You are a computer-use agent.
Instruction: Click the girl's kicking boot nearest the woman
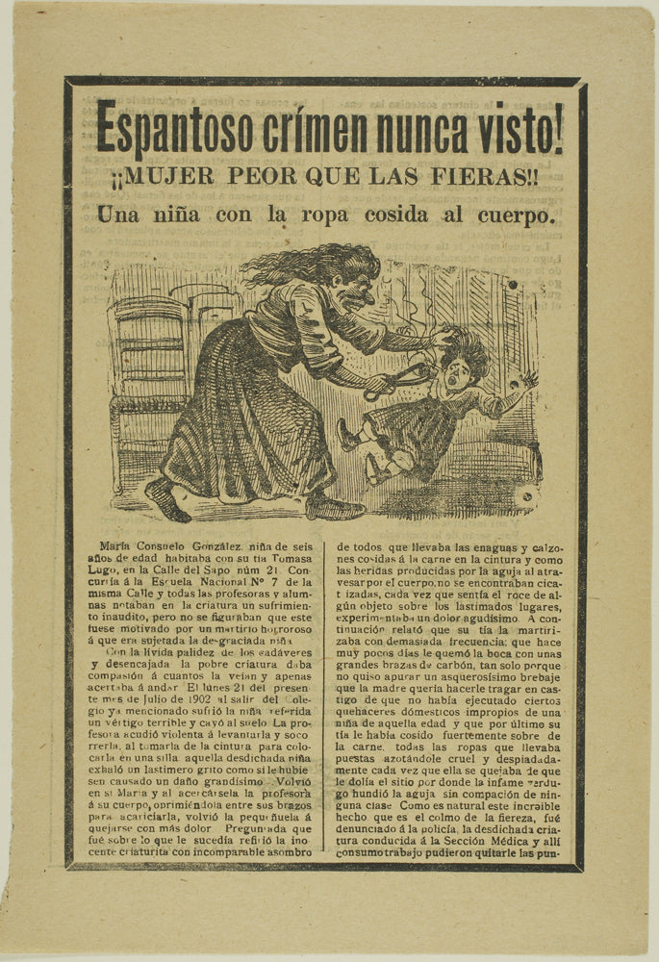coord(346,435)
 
